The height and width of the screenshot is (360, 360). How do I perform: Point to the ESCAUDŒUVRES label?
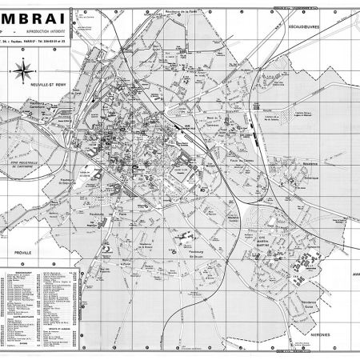click(x=306, y=27)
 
